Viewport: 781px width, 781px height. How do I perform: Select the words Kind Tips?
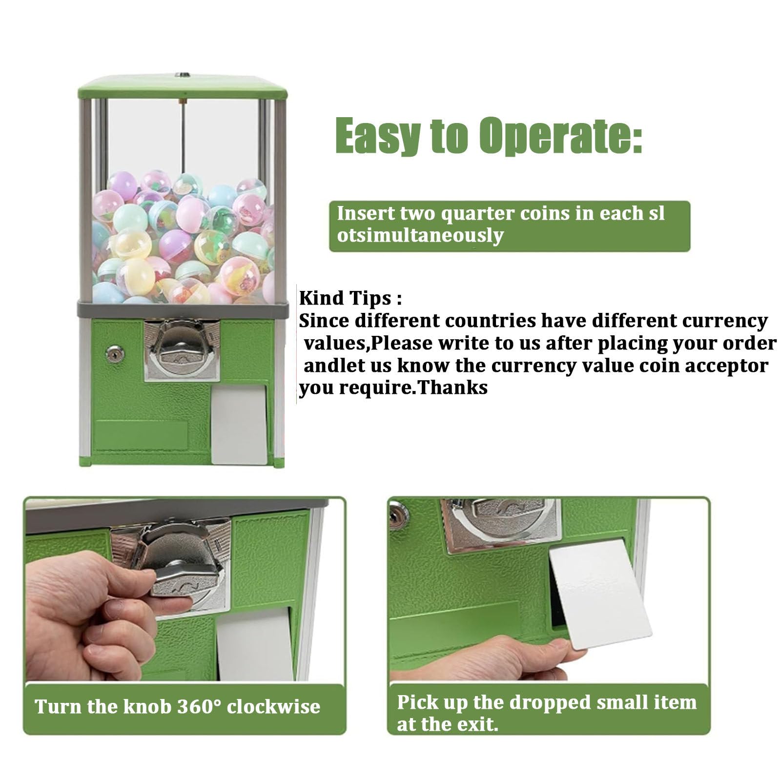point(350,298)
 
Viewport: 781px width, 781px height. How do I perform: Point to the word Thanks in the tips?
point(453,388)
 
